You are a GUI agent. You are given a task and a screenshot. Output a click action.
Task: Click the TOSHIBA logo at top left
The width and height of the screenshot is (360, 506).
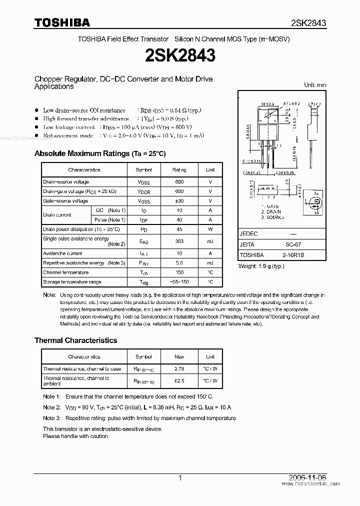click(x=62, y=22)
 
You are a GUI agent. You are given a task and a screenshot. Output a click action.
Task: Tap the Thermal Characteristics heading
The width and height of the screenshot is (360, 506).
click(x=75, y=340)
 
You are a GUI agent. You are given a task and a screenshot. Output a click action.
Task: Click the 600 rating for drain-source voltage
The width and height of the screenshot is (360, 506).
click(x=179, y=182)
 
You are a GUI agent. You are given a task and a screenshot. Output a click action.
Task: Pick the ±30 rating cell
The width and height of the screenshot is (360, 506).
click(x=179, y=201)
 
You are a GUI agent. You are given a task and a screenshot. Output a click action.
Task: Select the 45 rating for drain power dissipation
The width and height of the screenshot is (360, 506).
click(x=179, y=229)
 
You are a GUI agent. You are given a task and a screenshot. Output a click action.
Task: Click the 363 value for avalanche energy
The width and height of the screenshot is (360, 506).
click(x=179, y=241)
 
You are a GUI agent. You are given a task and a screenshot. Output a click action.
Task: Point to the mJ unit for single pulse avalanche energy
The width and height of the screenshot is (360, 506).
click(x=210, y=241)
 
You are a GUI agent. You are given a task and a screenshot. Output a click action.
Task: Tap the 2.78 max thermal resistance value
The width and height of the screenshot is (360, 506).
click(x=179, y=369)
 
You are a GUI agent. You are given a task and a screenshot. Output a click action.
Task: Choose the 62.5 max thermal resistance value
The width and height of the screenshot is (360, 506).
click(x=179, y=380)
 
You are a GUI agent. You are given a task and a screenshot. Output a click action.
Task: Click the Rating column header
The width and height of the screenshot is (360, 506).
click(x=179, y=170)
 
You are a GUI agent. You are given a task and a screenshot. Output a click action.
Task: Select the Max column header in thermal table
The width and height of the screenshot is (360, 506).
click(x=179, y=357)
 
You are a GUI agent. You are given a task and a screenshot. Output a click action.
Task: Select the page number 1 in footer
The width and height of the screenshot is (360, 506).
click(x=180, y=478)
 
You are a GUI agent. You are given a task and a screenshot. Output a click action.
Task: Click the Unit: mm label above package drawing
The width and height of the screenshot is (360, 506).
click(x=315, y=85)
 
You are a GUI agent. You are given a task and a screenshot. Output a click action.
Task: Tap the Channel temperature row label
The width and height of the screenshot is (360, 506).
click(x=66, y=272)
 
